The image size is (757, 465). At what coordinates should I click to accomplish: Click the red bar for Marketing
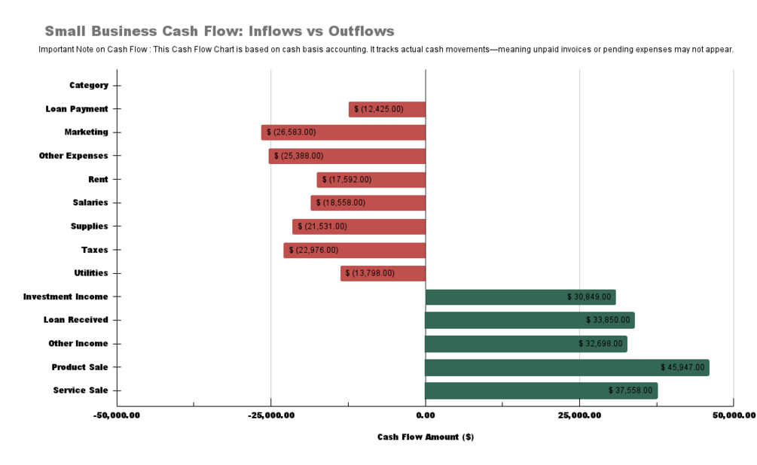click(343, 132)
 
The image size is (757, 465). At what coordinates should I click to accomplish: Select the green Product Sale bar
click(566, 367)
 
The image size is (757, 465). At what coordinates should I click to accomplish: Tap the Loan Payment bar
click(387, 109)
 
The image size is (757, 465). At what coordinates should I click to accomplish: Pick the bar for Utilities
click(383, 273)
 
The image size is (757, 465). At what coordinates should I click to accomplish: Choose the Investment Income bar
click(520, 297)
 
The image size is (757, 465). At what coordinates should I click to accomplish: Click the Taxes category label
click(95, 250)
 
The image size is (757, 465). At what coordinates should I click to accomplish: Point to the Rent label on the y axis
click(98, 179)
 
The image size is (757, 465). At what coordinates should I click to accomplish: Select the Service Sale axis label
click(81, 391)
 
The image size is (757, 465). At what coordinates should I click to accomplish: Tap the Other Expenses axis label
click(74, 156)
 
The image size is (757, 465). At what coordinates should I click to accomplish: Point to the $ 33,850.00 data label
click(608, 321)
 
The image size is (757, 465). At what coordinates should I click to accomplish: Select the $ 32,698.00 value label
click(600, 344)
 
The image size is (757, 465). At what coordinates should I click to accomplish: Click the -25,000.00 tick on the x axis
click(270, 415)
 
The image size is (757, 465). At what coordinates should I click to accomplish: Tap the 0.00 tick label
click(425, 415)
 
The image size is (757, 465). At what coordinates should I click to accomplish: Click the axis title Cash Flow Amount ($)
click(426, 437)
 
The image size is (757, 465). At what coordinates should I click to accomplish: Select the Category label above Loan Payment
click(89, 85)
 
